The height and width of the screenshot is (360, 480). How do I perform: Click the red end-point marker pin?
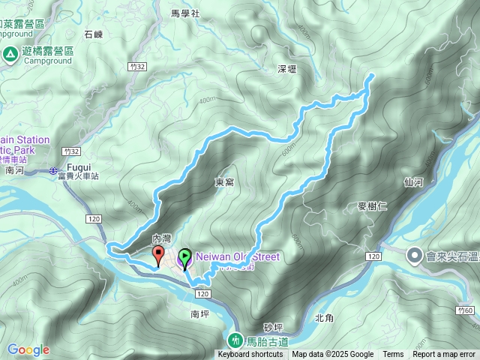point(159,256)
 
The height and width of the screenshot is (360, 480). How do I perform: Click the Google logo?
point(28,349)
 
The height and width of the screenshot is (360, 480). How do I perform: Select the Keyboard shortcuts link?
point(250,355)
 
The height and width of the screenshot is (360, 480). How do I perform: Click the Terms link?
point(393,355)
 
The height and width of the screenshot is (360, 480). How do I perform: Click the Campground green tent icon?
point(10,54)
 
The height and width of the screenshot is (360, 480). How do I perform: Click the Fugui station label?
point(79,167)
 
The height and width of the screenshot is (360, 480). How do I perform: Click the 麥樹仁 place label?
point(372,205)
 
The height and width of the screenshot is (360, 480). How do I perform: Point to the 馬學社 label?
point(185,13)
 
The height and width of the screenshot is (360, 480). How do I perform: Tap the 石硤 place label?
point(94,34)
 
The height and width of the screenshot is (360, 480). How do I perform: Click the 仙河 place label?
point(412,182)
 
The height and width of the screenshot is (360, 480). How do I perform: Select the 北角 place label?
point(324,318)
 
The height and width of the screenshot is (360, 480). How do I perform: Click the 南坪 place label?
point(199,314)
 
